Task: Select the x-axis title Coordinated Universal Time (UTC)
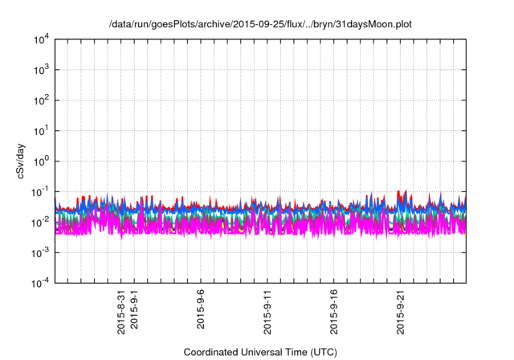click(x=260, y=352)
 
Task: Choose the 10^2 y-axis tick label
click(x=41, y=100)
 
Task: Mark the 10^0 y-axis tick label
click(x=41, y=161)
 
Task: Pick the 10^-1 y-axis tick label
click(x=41, y=191)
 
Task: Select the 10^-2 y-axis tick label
click(x=41, y=221)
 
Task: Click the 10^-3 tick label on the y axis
click(x=41, y=252)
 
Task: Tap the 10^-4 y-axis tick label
click(x=41, y=282)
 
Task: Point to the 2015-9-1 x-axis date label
click(x=134, y=310)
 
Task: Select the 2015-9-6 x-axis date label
click(x=201, y=310)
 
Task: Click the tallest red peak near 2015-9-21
click(x=405, y=191)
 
